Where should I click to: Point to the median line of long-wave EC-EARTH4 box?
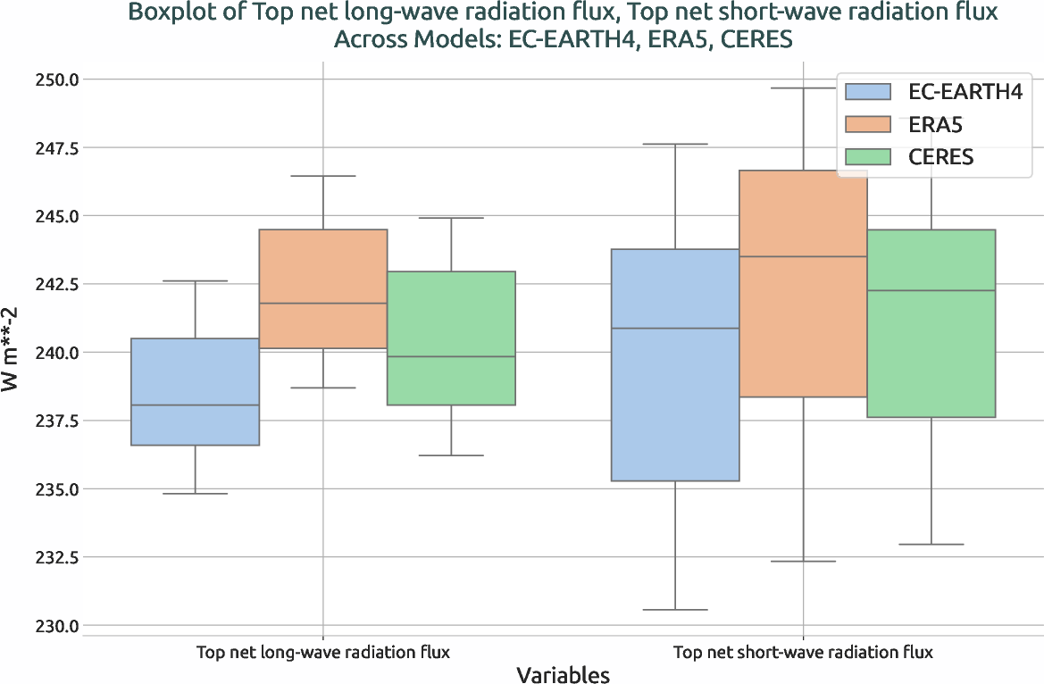195,405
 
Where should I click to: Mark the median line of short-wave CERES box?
931,291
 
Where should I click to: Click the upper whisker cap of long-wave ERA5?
322,176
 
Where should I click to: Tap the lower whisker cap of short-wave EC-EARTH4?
674,610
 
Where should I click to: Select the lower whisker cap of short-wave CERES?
931,545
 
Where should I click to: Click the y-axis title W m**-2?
15,353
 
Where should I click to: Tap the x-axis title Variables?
563,675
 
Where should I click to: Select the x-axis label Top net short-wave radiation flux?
802,652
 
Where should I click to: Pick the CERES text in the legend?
940,157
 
